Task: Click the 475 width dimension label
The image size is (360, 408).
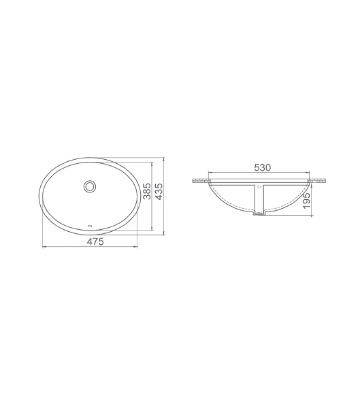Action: click(95, 241)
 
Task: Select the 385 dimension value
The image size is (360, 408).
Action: click(148, 191)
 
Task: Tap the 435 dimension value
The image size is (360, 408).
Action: click(159, 191)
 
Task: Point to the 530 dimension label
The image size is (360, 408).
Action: click(262, 167)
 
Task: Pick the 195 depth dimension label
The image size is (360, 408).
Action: click(308, 201)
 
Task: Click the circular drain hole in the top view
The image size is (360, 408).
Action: click(90, 186)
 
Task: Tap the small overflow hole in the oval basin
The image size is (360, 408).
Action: click(90, 226)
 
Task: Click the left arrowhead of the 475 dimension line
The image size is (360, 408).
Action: click(44, 247)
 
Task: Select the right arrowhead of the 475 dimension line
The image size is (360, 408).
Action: click(135, 247)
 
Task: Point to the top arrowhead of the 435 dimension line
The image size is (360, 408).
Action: click(163, 158)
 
